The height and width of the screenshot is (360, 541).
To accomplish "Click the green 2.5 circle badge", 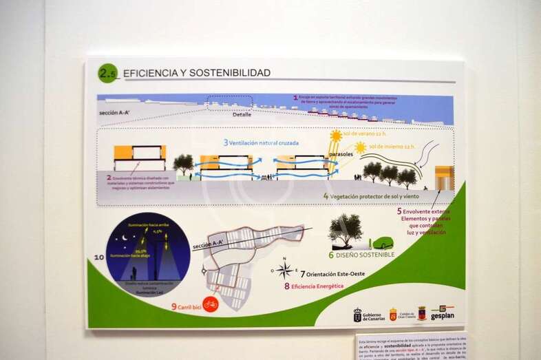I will click(107, 73).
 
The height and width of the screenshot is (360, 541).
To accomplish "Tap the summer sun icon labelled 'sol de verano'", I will click(336, 136).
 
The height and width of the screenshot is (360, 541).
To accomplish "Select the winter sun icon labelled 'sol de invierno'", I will click(360, 147).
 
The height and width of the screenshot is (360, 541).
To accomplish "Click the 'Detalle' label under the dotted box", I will click(242, 114).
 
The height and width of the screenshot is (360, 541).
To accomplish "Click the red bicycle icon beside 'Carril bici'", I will click(211, 304).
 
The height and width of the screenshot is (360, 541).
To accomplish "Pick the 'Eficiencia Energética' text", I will click(318, 286).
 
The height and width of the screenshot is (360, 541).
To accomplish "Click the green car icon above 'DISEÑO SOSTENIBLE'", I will click(382, 243).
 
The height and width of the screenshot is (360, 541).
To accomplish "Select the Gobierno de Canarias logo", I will click(367, 315).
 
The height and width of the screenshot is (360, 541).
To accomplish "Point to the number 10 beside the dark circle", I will click(99, 258).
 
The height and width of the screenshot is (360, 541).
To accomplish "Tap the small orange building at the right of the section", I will click(445, 178).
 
